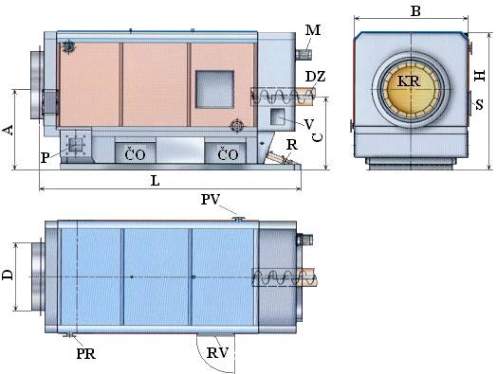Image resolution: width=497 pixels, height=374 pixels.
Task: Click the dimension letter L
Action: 155,181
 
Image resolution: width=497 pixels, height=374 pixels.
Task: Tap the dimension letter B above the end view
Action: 415,11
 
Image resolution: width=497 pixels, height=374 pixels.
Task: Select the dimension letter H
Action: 480,76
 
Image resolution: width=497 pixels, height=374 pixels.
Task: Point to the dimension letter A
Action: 9,130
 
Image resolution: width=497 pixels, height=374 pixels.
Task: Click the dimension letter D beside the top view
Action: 8,275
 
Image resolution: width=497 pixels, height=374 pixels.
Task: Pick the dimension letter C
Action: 318,136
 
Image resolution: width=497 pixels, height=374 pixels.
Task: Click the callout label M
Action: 313,30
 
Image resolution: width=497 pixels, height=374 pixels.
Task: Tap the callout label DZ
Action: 316,77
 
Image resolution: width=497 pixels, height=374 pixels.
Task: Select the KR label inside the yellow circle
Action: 408,81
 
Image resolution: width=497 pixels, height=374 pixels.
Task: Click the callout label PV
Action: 211,200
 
